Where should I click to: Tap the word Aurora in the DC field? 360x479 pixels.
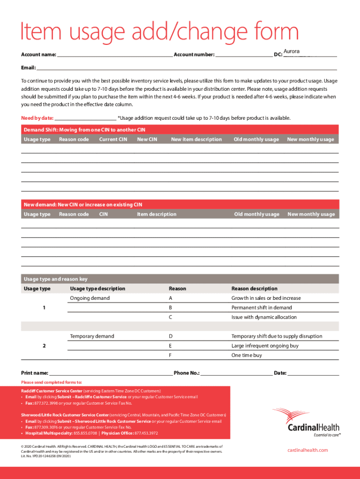coord(292,51)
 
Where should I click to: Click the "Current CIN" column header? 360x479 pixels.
coord(113,139)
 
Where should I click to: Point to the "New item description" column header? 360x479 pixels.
coord(196,139)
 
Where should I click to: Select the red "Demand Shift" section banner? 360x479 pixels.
coord(180,130)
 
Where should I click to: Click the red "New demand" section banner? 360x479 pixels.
coord(180,204)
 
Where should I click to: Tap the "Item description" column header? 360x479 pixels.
coord(157,214)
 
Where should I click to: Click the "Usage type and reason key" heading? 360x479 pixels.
coord(56,279)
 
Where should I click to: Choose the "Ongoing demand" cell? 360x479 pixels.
coord(90,298)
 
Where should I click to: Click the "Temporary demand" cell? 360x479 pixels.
coord(92,336)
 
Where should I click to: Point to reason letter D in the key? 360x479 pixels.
coord(171,336)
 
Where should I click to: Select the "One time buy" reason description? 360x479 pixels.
coord(247,356)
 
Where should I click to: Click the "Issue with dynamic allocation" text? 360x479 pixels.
coord(264,317)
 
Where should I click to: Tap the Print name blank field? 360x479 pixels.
coord(110,373)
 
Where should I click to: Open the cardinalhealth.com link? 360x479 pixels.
coord(307,450)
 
